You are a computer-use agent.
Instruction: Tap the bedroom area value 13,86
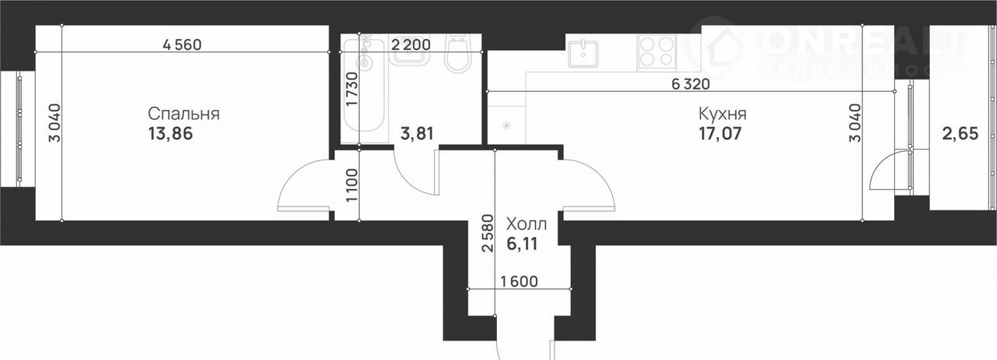tap(171, 134)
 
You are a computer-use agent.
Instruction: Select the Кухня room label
tap(722, 114)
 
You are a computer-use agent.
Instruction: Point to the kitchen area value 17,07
tap(720, 134)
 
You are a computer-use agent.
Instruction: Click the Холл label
tap(527, 224)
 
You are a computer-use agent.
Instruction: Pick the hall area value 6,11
tap(522, 244)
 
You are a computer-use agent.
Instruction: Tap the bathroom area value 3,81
tap(417, 133)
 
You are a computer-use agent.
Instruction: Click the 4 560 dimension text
tap(182, 44)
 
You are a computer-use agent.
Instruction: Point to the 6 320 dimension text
tap(691, 83)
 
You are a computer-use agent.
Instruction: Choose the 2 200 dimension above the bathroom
tap(410, 44)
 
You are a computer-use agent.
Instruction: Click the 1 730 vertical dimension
tap(352, 89)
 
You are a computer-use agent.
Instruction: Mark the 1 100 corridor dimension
tap(352, 185)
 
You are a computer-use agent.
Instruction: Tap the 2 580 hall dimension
tap(488, 234)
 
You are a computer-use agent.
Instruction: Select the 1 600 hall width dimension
tap(519, 281)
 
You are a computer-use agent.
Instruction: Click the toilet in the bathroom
tap(458, 55)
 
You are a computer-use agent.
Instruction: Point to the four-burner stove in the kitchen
tap(657, 53)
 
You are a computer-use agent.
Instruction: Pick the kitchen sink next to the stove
tap(588, 52)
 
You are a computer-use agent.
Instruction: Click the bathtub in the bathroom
tap(364, 85)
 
